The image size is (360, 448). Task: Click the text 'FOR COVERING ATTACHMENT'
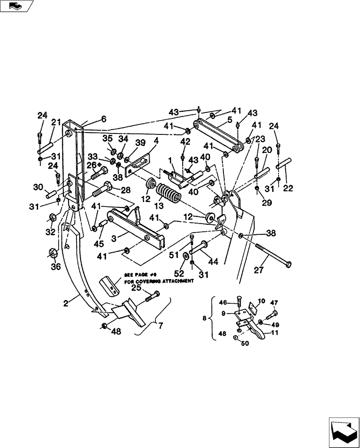[159, 281]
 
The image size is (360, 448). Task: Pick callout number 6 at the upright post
[103, 119]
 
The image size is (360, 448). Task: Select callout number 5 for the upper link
[229, 120]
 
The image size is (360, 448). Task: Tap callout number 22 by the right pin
[287, 188]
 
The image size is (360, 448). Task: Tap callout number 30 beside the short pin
[38, 187]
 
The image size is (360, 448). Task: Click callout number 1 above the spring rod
[170, 160]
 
